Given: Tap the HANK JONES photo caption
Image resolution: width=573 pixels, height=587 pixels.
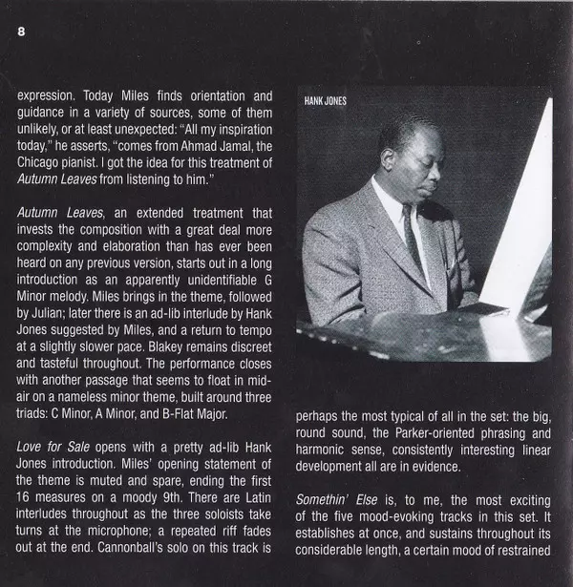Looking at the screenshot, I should [x=326, y=101].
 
